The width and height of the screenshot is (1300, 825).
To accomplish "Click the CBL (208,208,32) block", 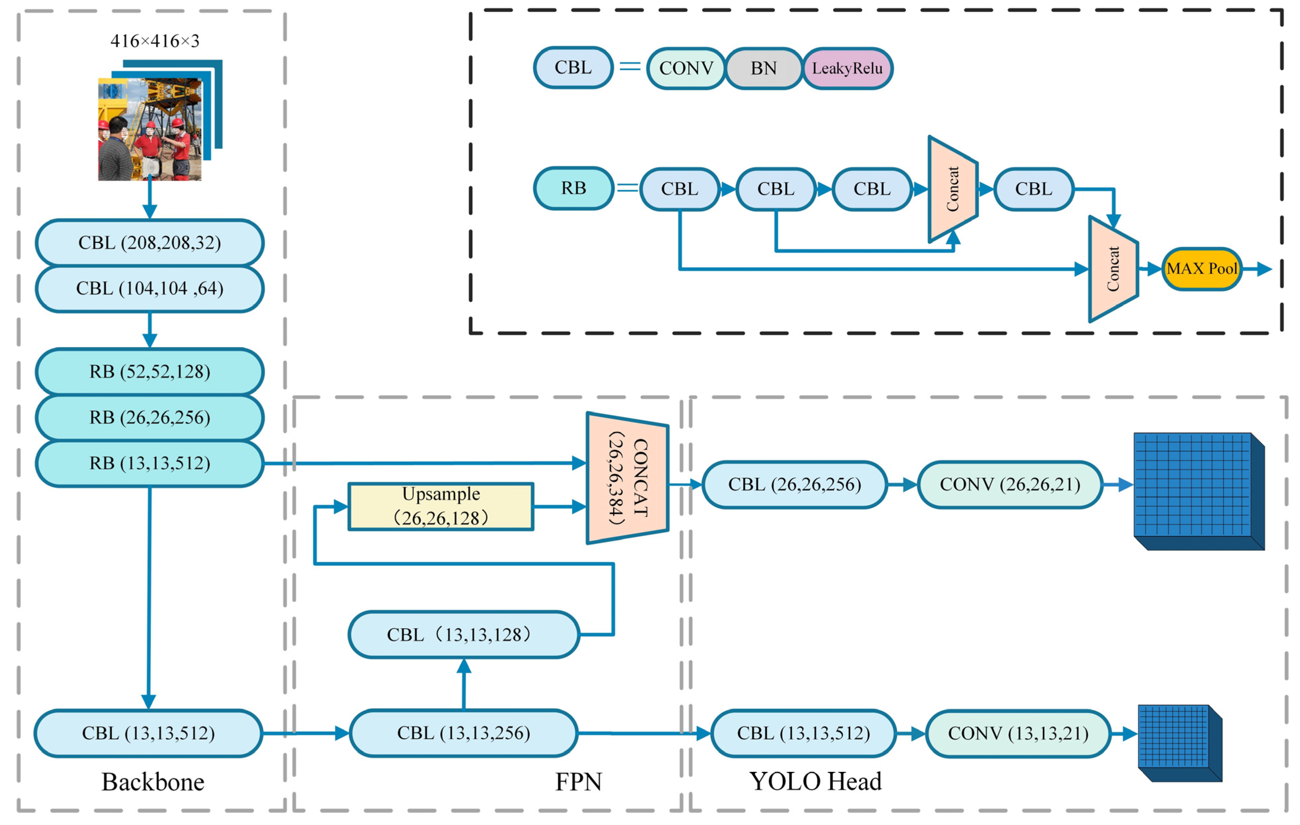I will pos(150,242).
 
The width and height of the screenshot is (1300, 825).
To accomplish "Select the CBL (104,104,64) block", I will pos(150,288).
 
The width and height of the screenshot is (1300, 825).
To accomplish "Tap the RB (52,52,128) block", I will pos(150,371).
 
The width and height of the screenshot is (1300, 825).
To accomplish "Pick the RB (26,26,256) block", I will pos(150,417).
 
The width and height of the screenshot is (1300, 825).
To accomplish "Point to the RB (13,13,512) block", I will pos(150,463).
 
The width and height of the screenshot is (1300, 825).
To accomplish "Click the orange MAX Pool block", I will pos(1201,269).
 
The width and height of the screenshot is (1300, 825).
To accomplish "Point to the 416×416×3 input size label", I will pos(155,41).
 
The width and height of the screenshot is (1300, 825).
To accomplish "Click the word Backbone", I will pos(153,782).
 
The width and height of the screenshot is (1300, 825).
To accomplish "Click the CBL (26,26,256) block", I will pos(794,484).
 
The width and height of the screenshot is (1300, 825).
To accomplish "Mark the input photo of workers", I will pos(150,130).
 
